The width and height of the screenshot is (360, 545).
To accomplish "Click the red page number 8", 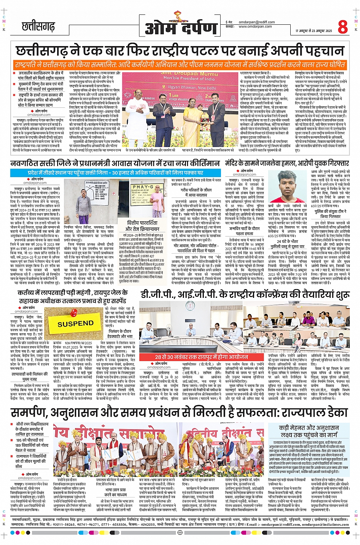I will click(x=342, y=27).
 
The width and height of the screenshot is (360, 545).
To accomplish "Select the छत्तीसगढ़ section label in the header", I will click(x=38, y=26).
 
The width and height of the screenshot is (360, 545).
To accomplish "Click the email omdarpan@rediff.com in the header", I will click(x=257, y=22).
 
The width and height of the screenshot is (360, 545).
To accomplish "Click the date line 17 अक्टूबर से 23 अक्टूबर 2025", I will click(x=314, y=31).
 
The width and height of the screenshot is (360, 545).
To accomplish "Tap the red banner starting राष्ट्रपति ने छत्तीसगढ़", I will click(x=180, y=64).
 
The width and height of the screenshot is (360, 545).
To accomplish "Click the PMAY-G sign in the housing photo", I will click(x=142, y=187).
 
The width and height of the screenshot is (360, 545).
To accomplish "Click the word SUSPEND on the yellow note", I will click(x=75, y=324).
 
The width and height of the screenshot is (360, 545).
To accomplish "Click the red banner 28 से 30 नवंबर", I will click(x=201, y=357).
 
